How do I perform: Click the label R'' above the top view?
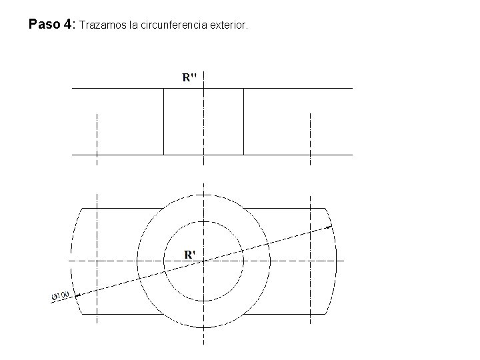point(189,77)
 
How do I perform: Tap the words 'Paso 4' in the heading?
point(51,25)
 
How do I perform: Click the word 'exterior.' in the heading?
point(228,26)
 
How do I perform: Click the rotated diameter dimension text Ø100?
point(60,295)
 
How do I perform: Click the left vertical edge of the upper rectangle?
point(163,121)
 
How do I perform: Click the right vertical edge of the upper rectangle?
point(243,121)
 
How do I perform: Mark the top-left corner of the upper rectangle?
point(163,88)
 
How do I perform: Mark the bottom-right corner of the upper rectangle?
point(243,155)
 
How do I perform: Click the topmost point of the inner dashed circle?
point(203,221)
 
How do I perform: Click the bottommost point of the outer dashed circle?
point(203,327)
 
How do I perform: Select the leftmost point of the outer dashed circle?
point(137,261)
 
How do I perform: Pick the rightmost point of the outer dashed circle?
point(270,261)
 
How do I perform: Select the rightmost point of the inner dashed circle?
point(243,261)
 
